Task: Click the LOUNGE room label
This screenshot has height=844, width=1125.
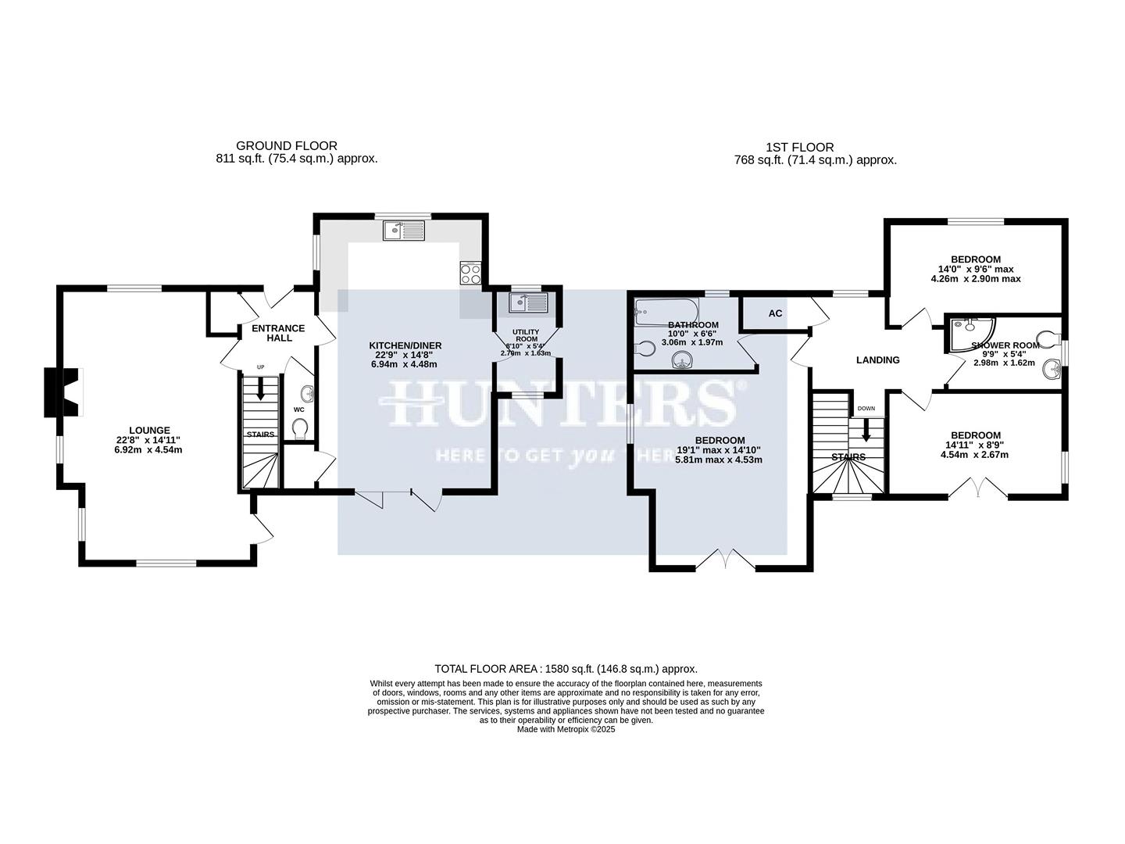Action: [x=149, y=430]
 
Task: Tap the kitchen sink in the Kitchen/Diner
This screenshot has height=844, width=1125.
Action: [x=403, y=230]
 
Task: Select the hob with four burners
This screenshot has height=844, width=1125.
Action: [x=471, y=274]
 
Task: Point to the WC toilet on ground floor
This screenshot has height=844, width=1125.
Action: [x=298, y=428]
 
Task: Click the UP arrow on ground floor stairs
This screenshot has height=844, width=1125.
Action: [x=261, y=390]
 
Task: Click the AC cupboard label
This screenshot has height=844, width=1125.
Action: [x=775, y=313]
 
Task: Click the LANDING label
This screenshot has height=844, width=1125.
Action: [x=878, y=360]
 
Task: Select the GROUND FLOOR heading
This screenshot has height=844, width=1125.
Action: [x=287, y=145]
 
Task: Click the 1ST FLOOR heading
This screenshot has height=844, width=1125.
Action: [x=799, y=147]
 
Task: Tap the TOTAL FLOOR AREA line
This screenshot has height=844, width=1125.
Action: [x=566, y=669]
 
